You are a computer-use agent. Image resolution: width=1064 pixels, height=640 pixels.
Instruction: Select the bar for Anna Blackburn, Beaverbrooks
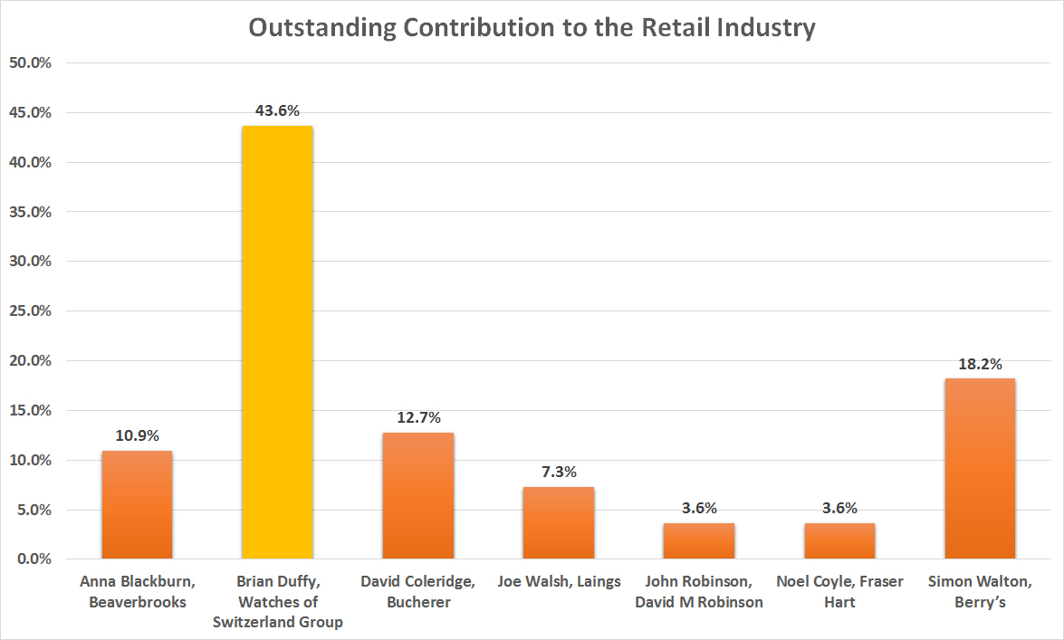point(137,504)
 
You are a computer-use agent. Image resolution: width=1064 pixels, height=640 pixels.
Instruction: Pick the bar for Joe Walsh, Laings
point(559,522)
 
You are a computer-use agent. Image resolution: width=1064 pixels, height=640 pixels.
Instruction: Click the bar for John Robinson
point(699,540)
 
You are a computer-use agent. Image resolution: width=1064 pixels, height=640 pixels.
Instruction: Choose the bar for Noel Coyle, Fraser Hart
point(839,540)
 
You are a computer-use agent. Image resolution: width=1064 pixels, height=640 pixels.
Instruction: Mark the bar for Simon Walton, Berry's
point(980,468)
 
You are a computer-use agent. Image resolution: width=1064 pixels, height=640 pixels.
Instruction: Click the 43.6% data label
point(277,111)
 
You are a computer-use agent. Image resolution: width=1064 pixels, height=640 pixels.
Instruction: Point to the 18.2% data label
point(980,364)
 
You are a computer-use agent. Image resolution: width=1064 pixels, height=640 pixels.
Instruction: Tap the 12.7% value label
point(418,418)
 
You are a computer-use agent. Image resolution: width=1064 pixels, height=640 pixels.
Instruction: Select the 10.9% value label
point(137,435)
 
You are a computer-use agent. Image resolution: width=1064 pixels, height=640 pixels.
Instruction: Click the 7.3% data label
point(559,472)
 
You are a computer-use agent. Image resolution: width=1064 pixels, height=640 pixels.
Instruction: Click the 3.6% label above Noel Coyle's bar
point(839,508)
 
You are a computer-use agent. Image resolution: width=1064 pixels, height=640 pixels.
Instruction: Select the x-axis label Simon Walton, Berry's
point(980,590)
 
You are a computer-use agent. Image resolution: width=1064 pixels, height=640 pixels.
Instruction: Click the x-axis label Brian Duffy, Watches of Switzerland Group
point(277,601)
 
